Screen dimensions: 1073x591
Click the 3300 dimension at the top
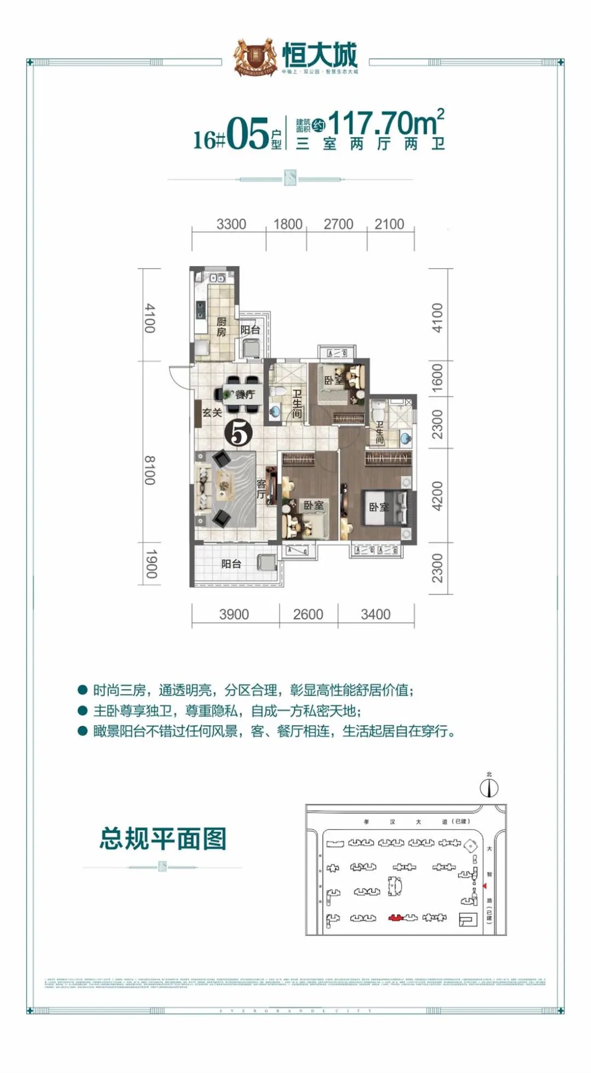[231, 224]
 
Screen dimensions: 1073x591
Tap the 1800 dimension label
[288, 224]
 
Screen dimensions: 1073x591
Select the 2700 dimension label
[338, 224]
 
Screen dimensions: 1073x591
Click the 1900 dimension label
[151, 564]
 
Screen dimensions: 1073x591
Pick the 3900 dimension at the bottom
[234, 614]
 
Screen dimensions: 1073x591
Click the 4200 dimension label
[437, 496]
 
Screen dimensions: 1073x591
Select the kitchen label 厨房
[221, 326]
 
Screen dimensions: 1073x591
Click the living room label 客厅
[262, 489]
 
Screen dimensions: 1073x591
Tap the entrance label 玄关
[212, 413]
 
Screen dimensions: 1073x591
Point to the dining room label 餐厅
[245, 394]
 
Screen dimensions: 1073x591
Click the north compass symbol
[489, 788]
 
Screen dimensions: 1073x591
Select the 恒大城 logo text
[320, 56]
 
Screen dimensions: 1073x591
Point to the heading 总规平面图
[163, 838]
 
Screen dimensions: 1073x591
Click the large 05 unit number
[247, 135]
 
